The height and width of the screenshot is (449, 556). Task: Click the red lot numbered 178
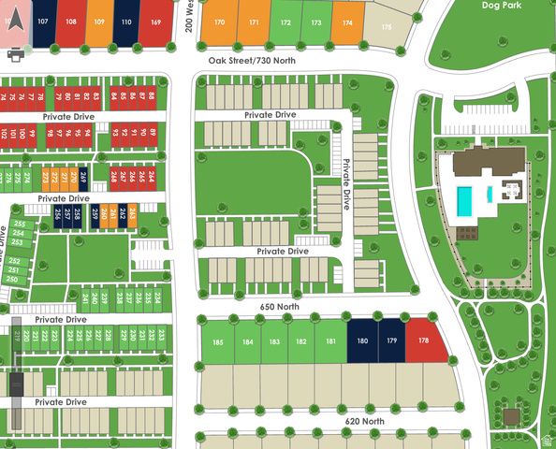point(424,340)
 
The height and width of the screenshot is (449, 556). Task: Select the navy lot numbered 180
point(361,340)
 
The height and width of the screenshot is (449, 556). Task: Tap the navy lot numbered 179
point(391,340)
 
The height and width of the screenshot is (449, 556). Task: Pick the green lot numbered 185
point(218,341)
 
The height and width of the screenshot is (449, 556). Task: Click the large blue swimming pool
point(464,199)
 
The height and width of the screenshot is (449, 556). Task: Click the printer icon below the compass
point(15,55)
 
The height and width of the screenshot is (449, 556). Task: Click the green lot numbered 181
point(330,341)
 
